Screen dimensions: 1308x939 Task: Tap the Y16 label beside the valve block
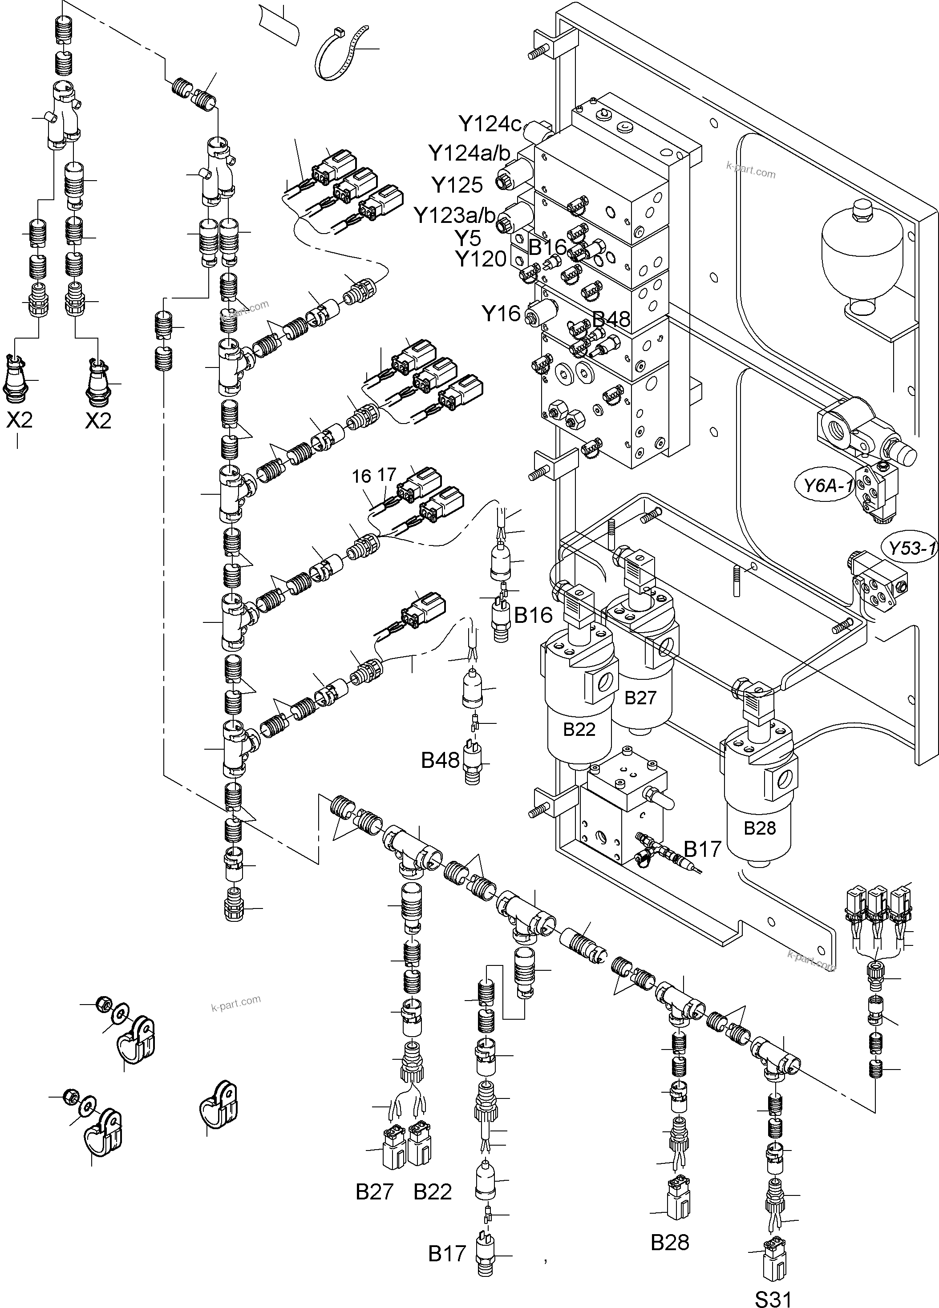(x=501, y=314)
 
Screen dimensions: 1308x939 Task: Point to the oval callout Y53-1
(x=911, y=548)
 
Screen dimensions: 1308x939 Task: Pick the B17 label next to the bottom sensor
(x=447, y=1254)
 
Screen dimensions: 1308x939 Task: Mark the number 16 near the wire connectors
(x=362, y=476)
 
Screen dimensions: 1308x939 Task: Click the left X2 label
(x=20, y=420)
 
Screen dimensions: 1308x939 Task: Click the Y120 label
(x=481, y=259)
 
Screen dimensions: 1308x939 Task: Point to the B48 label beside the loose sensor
(x=440, y=760)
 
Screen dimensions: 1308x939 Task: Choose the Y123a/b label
(x=454, y=216)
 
